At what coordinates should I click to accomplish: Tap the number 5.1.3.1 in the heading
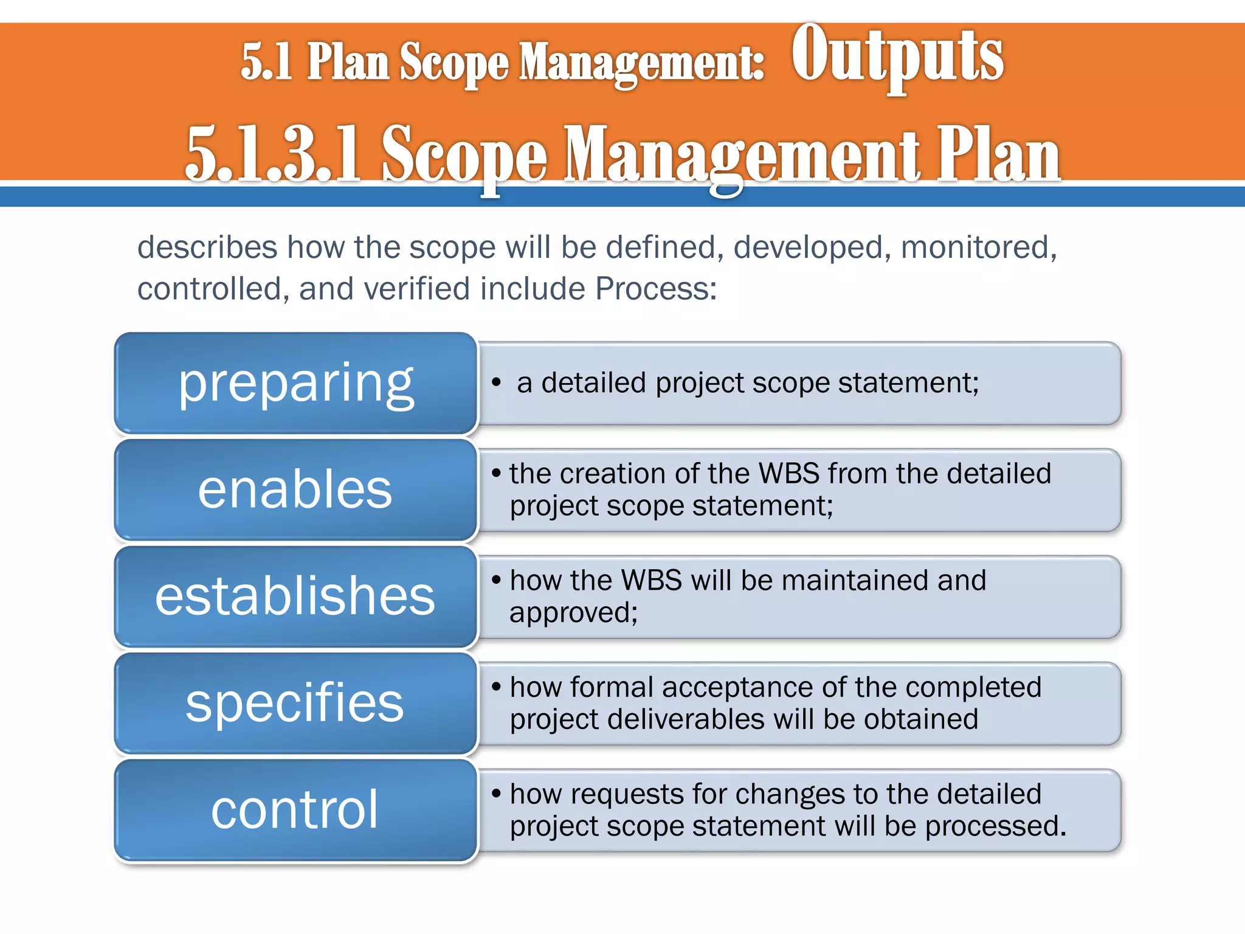[x=274, y=155]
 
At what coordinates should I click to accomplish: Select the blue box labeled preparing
[x=295, y=383]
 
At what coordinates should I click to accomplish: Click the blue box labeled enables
[x=295, y=489]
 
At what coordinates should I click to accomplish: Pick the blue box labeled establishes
[x=295, y=597]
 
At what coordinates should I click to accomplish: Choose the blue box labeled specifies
[x=295, y=703]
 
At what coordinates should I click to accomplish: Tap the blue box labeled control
[x=295, y=809]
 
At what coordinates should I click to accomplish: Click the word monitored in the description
[x=978, y=247]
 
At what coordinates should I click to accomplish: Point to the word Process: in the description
[x=656, y=289]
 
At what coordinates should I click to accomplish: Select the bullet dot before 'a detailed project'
[x=497, y=382]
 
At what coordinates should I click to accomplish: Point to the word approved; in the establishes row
[x=573, y=612]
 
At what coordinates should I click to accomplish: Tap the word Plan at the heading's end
[x=998, y=155]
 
